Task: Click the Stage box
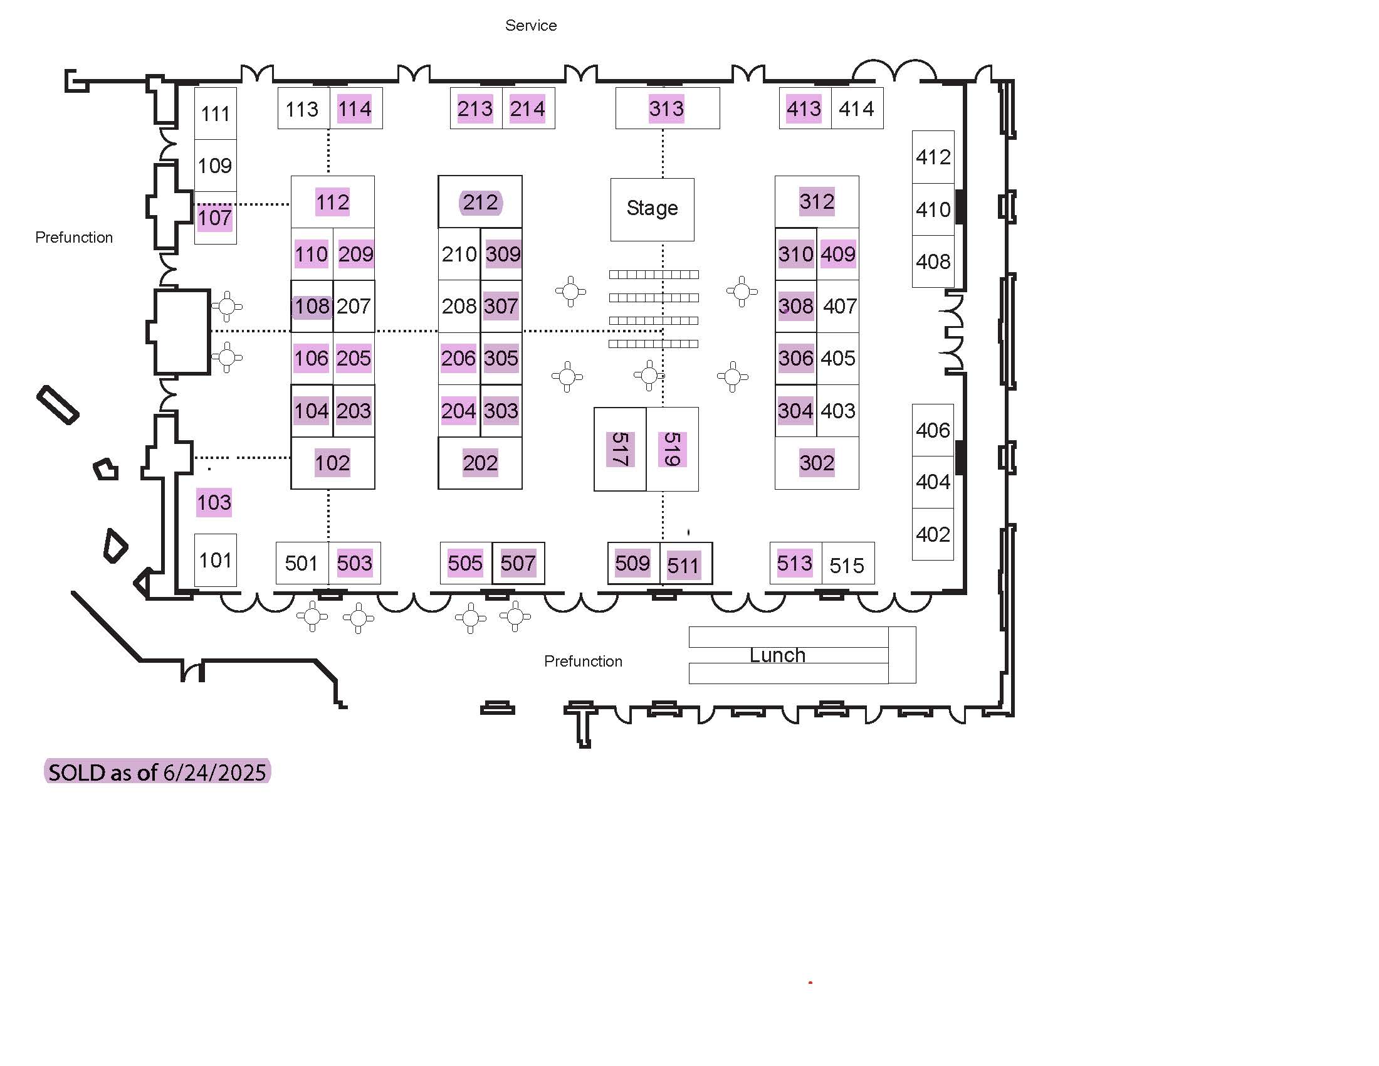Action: [x=653, y=209]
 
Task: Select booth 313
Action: [x=668, y=108]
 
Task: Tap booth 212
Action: [x=480, y=201]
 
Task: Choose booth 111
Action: [x=215, y=113]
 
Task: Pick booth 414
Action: [x=857, y=108]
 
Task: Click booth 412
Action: [x=933, y=157]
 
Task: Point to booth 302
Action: [x=816, y=463]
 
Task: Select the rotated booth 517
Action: [x=620, y=449]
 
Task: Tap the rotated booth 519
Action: [x=673, y=449]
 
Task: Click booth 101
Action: [x=215, y=560]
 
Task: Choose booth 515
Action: [x=847, y=563]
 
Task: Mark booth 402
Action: [x=933, y=534]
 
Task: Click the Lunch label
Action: [x=777, y=655]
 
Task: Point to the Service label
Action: [x=531, y=25]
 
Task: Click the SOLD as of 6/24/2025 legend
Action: [x=157, y=771]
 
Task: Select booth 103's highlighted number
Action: [x=214, y=503]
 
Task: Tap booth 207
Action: [x=354, y=306]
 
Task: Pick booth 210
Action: [x=459, y=254]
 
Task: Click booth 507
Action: [x=518, y=562]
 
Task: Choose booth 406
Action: [x=933, y=430]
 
